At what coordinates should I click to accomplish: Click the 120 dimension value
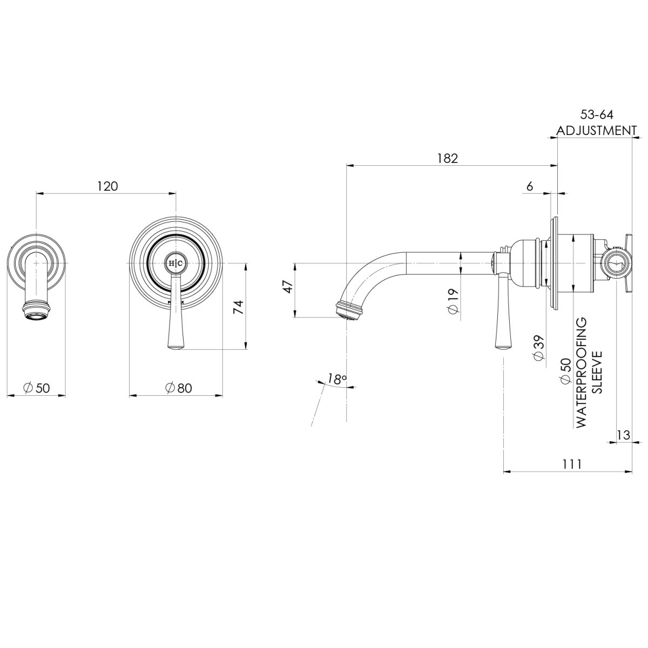coord(107,186)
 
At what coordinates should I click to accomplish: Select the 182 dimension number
coord(448,158)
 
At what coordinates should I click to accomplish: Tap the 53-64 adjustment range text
coord(597,114)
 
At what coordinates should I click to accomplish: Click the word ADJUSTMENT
coord(597,131)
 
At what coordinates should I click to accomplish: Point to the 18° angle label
coord(336,379)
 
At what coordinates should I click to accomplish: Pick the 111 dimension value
coord(571,464)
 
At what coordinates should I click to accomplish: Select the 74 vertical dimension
coord(238,307)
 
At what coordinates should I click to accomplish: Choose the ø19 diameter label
coord(453,300)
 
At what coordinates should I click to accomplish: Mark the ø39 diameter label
coord(538,348)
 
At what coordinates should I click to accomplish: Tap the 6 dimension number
coord(529,186)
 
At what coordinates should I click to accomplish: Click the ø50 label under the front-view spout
coord(36,388)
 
